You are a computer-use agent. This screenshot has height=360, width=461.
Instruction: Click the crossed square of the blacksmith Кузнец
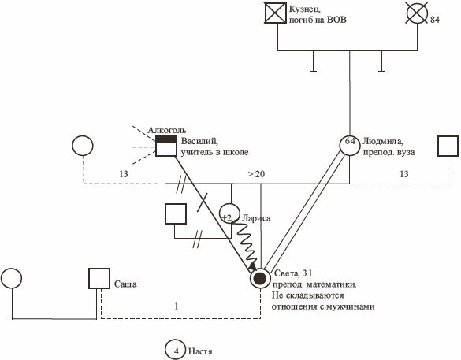click(275, 13)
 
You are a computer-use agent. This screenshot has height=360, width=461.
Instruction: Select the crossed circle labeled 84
click(417, 13)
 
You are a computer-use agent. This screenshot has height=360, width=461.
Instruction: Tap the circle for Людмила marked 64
click(350, 145)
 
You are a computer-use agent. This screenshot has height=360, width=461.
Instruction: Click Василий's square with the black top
click(166, 146)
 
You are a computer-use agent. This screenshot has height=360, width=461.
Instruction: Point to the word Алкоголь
click(167, 130)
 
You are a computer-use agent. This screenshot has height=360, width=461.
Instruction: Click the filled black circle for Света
click(260, 278)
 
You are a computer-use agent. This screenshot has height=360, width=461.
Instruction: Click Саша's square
click(99, 278)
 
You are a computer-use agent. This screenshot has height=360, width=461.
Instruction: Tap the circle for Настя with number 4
click(176, 350)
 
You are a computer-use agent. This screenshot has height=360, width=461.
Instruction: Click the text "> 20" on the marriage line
click(256, 174)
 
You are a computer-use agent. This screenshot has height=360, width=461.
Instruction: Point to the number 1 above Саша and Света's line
click(177, 306)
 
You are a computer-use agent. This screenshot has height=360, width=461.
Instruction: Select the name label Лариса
click(256, 218)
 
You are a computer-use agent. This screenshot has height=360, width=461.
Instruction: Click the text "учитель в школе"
click(214, 153)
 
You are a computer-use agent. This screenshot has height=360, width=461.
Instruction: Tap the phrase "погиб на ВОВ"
click(318, 20)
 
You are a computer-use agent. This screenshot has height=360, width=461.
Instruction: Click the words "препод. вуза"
click(389, 153)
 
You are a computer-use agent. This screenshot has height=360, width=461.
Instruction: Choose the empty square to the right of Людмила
click(448, 146)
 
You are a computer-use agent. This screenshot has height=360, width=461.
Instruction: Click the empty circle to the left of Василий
click(83, 145)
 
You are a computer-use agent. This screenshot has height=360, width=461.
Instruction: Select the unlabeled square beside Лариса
click(176, 213)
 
